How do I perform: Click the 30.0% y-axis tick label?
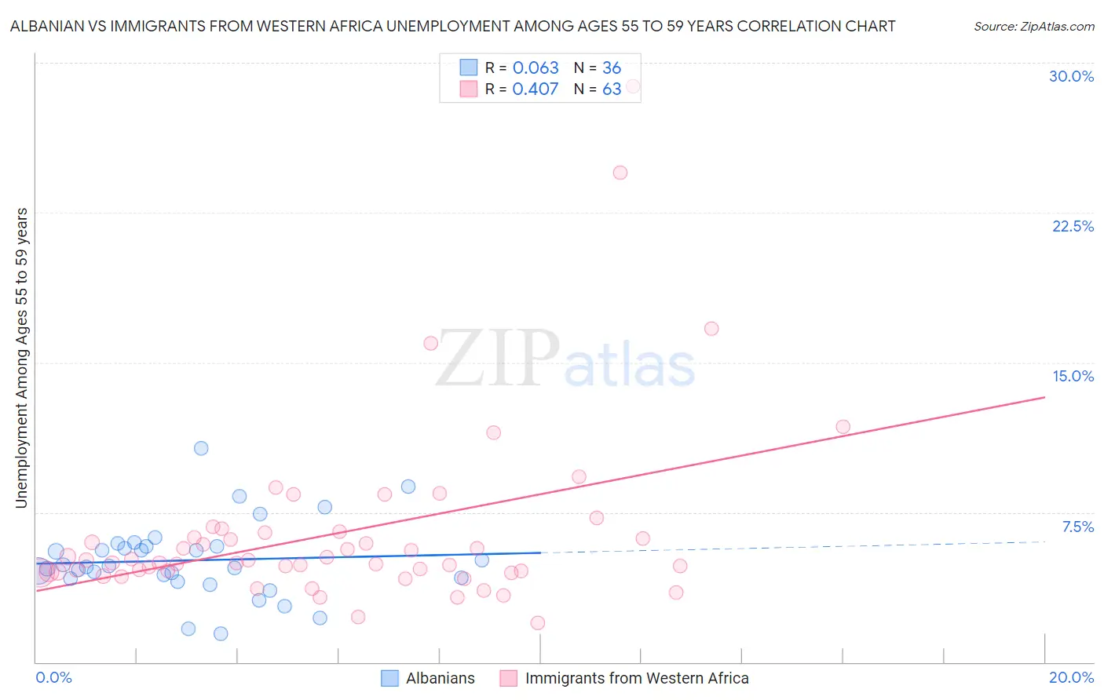click(1071, 76)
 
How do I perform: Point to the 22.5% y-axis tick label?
click(1073, 226)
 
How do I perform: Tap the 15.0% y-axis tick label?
click(1073, 376)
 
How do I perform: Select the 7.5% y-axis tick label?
click(1077, 527)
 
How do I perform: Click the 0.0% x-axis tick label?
click(53, 677)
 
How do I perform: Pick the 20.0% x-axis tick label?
click(1071, 677)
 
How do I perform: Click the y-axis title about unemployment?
click(22, 358)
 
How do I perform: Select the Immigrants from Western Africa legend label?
click(636, 678)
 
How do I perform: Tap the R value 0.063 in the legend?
click(536, 68)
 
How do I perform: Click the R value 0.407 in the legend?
click(536, 89)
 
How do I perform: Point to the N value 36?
click(612, 68)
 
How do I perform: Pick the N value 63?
click(612, 89)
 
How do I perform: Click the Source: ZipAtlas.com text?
click(1033, 27)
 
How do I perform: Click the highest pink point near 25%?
click(620, 173)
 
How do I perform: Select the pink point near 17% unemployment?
click(711, 329)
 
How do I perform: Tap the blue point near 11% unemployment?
click(201, 448)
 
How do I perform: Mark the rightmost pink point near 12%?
click(843, 427)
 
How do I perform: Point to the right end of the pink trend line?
click(1044, 397)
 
